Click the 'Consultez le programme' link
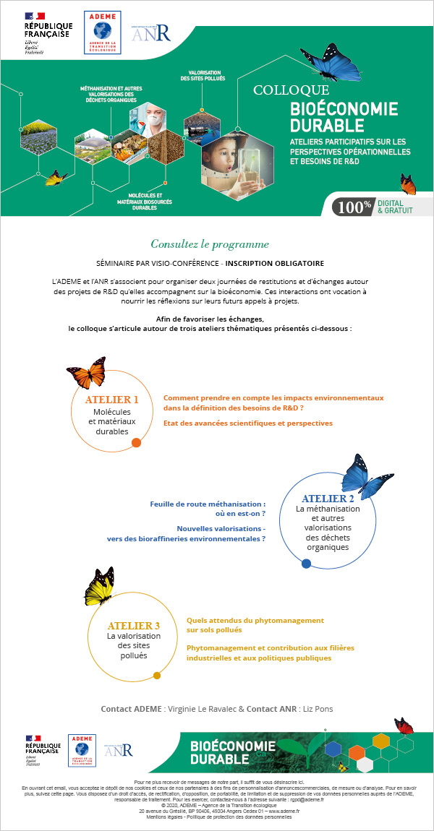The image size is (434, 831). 210,244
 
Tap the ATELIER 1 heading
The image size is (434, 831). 112,400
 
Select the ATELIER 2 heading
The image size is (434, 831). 328,499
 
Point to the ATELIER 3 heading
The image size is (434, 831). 133,625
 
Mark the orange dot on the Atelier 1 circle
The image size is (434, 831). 135,442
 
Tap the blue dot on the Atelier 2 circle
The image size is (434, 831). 306,563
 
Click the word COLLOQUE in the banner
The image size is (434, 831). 291,91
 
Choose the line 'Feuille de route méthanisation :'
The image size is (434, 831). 207,503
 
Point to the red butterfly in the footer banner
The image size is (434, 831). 404,725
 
